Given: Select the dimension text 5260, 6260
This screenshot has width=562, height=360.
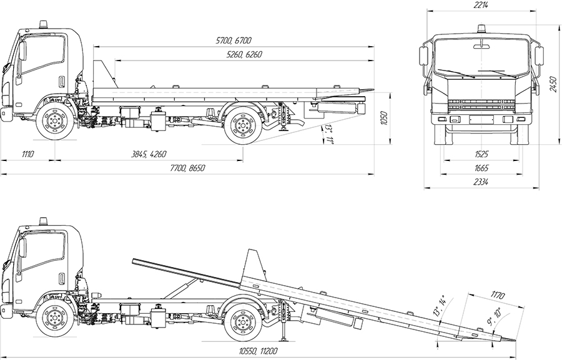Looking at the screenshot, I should coord(245,56).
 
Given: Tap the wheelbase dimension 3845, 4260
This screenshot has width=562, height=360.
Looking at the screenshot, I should coord(149,154).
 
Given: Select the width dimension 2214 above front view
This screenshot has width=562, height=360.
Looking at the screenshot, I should coord(481,5).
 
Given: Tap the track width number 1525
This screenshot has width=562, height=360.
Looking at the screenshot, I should coord(481,154).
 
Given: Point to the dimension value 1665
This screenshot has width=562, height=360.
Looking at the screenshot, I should coord(481,168).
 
